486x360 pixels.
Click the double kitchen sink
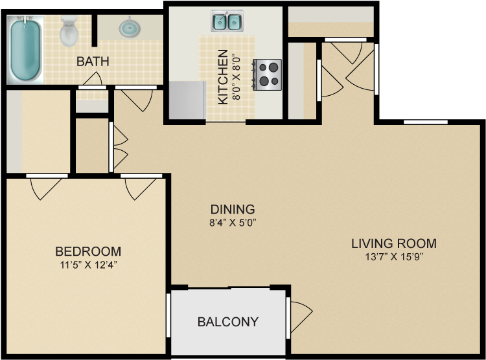[227, 21]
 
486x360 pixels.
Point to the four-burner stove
[268, 74]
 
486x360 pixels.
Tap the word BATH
[93, 62]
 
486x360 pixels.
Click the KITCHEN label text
[222, 77]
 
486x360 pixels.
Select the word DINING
[232, 209]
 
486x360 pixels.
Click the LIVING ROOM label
[393, 243]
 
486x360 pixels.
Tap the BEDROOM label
[88, 251]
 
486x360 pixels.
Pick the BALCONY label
[227, 322]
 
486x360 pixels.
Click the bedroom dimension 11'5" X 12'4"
[88, 264]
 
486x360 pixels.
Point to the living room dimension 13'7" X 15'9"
[393, 256]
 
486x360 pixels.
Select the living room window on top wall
[425, 122]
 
